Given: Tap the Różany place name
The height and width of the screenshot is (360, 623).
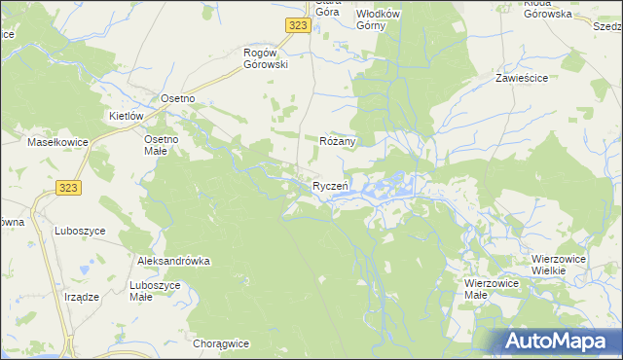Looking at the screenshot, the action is pos(339,141).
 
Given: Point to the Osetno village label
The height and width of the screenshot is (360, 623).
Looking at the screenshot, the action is pos(178,98).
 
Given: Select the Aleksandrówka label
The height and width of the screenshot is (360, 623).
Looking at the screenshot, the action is pos(174,262).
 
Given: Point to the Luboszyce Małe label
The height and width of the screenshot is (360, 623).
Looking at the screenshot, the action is pos(155,290).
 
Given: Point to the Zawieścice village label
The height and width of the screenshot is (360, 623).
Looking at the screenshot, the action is pos(523,77).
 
